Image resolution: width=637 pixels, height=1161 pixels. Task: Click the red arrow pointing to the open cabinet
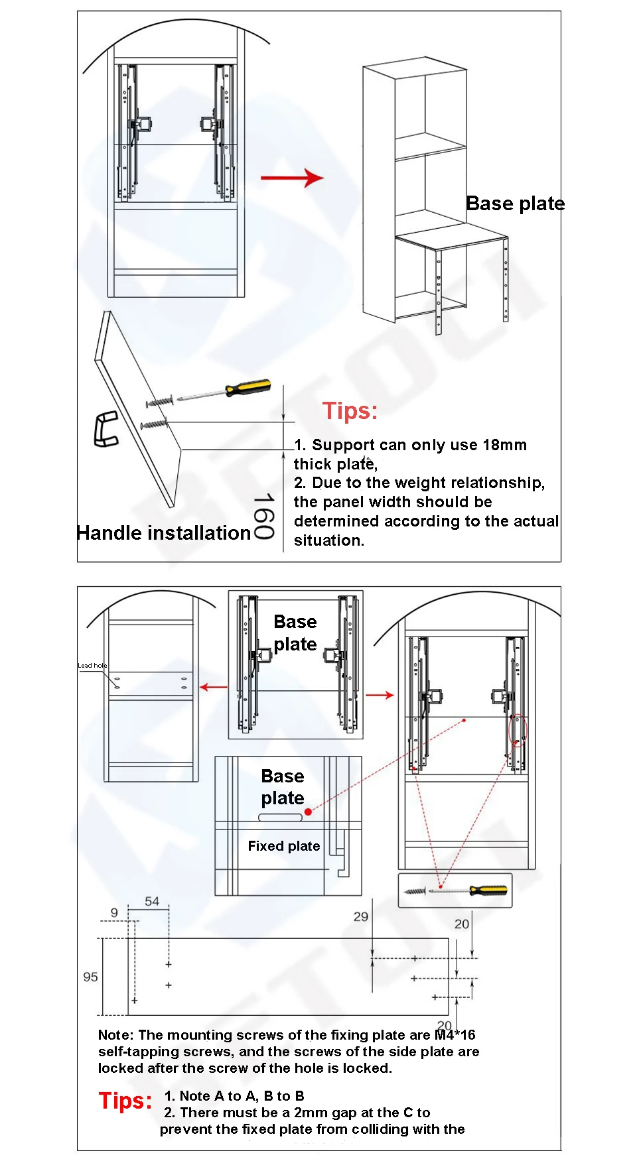292,178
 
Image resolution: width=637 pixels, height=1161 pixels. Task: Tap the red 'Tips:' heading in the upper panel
350,411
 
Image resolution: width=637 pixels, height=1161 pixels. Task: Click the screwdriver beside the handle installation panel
226,391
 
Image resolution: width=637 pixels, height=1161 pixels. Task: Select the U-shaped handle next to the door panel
106,429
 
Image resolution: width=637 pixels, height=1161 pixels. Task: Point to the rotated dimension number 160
263,516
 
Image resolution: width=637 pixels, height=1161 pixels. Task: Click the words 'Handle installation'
163,533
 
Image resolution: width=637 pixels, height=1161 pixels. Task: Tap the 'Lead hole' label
92,665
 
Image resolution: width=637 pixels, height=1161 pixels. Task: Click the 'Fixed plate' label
284,846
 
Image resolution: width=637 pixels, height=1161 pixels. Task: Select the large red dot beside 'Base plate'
308,812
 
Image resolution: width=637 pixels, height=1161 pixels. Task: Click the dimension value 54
152,902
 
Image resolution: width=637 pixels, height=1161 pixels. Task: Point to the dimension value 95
90,977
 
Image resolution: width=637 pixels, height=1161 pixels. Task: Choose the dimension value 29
361,917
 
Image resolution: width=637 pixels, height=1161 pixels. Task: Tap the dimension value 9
114,913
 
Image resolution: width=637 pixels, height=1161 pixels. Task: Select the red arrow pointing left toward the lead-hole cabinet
214,687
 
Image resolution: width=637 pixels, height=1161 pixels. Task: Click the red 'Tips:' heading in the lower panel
125,1101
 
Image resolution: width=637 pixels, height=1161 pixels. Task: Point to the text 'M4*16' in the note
455,1035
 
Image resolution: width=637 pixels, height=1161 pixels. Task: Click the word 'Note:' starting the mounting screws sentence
116,1035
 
